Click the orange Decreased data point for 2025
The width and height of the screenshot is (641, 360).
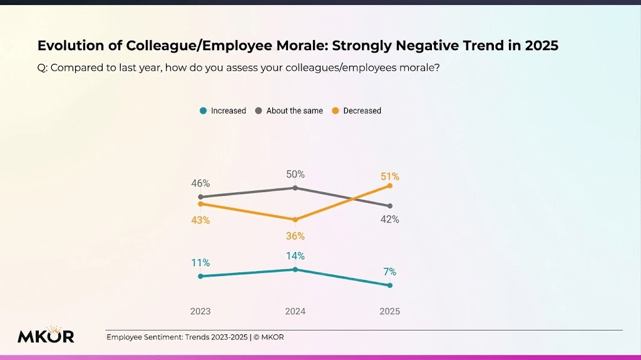[x=390, y=185]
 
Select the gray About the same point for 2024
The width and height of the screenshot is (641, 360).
[x=295, y=188]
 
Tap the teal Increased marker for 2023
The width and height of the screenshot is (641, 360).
[x=200, y=276]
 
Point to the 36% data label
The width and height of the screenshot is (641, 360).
[x=295, y=236]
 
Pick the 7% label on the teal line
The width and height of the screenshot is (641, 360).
[x=390, y=272]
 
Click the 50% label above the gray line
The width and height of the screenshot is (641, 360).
[x=295, y=174]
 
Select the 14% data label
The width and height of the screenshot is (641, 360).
[x=295, y=255]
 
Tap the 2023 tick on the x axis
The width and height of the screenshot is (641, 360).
[x=200, y=311]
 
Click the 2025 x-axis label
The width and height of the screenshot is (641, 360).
[x=390, y=311]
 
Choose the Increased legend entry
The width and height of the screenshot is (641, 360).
[x=223, y=111]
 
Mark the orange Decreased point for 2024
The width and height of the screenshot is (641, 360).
[x=295, y=220]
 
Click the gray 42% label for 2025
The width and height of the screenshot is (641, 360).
[x=390, y=220]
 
